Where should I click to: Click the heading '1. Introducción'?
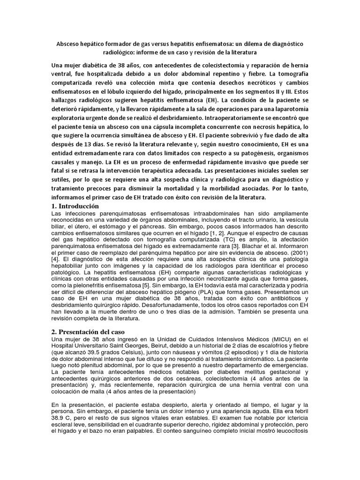(x=75, y=206)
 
